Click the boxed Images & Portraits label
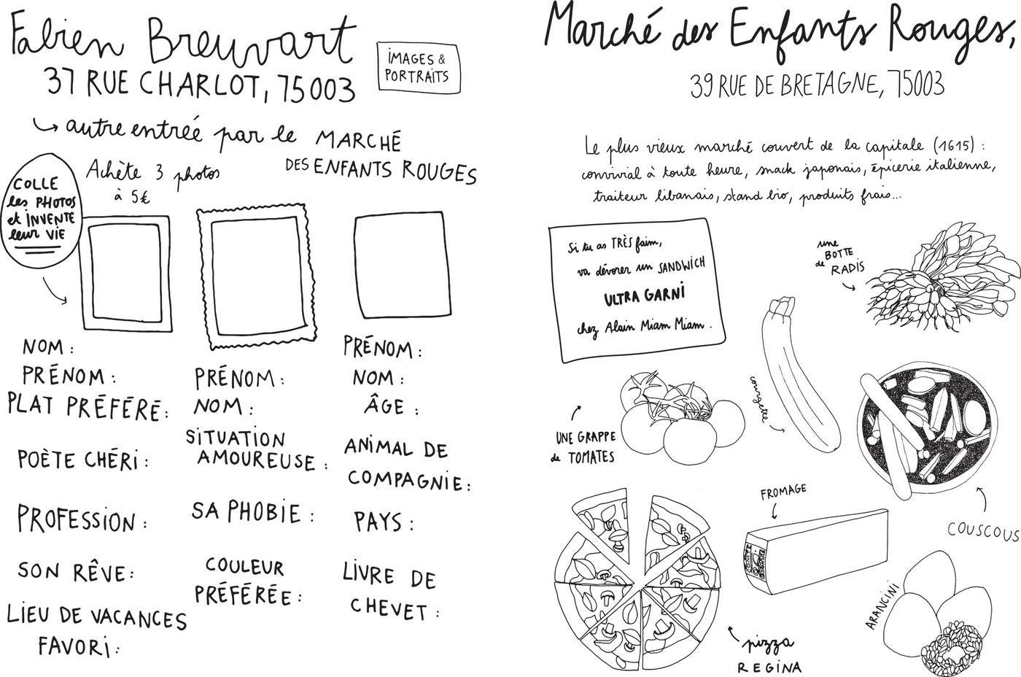[418, 67]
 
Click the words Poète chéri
[82, 460]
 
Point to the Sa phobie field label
[252, 512]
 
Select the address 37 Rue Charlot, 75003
[200, 87]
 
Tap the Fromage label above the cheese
[783, 492]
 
